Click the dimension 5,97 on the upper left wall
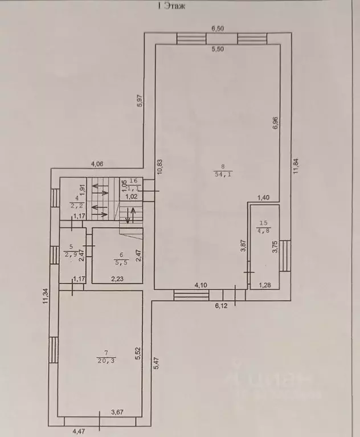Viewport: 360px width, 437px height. [139, 100]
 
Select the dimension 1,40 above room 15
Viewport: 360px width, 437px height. [263, 197]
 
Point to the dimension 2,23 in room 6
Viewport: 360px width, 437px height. [117, 279]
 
